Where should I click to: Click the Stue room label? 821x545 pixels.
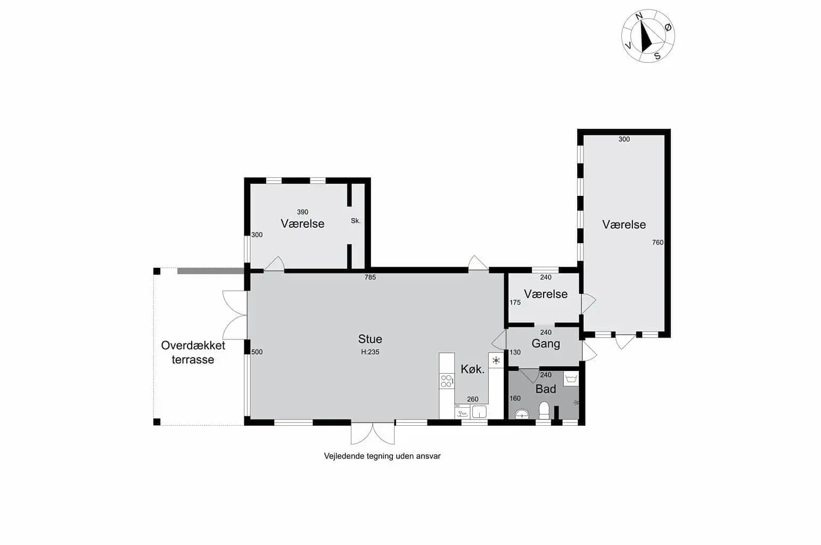(x=370, y=339)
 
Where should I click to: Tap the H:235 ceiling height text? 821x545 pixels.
(x=370, y=352)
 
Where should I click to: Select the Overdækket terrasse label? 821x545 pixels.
(x=193, y=352)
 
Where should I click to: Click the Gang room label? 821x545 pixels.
(x=545, y=344)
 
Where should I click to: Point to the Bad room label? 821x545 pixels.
(x=545, y=389)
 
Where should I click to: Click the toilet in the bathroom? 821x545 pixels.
(x=544, y=410)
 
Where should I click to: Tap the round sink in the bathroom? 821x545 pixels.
(x=522, y=414)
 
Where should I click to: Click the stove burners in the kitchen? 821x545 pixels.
(x=447, y=381)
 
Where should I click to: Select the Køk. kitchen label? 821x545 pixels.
(x=472, y=369)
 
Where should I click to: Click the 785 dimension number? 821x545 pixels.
(x=370, y=277)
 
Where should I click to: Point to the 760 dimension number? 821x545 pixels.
(x=658, y=243)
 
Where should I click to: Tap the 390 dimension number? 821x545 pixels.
(x=302, y=212)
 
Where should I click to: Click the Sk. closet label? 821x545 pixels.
(x=356, y=220)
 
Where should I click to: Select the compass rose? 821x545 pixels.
(x=648, y=36)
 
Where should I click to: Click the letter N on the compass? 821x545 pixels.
(x=639, y=16)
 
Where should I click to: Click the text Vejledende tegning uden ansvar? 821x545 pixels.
(x=382, y=456)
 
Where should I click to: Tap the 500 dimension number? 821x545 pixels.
(x=257, y=352)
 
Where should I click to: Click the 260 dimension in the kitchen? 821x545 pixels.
(x=472, y=399)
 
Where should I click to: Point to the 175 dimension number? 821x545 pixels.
(x=515, y=302)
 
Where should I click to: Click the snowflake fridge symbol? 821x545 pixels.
(x=496, y=360)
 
